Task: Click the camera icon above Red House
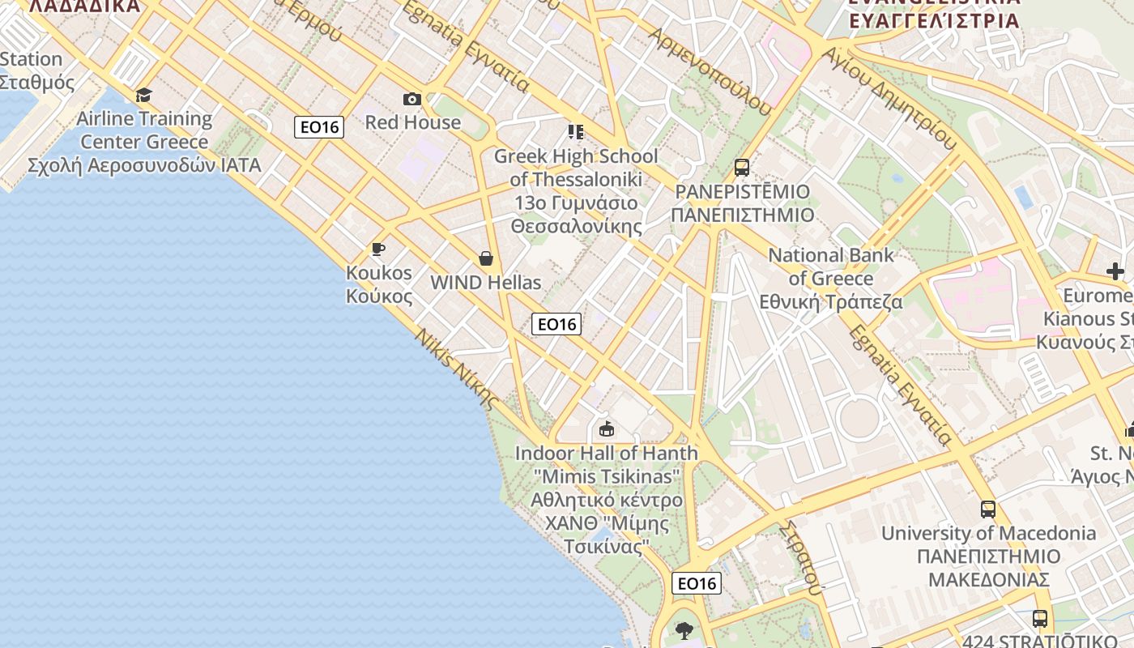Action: click(412, 99)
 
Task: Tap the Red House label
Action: click(412, 122)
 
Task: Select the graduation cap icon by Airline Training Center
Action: click(144, 96)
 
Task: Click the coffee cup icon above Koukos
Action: click(377, 249)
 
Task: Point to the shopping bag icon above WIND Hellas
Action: click(486, 258)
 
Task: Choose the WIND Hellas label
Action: click(485, 283)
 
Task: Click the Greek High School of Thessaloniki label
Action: click(576, 190)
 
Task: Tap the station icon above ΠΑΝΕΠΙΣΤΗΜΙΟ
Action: click(741, 168)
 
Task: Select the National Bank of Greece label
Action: click(831, 279)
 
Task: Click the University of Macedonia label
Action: click(988, 556)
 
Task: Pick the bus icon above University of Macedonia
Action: click(988, 509)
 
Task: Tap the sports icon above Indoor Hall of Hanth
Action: click(607, 428)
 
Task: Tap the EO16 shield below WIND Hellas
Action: click(556, 324)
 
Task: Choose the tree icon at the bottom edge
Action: click(684, 630)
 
